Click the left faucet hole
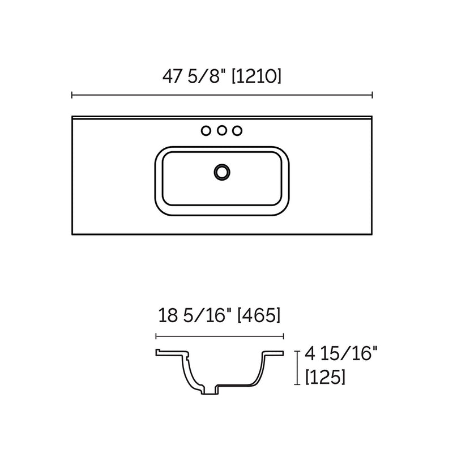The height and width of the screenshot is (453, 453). click(x=206, y=131)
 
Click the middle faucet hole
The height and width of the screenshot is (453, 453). click(x=222, y=131)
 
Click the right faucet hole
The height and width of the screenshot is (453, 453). click(x=238, y=131)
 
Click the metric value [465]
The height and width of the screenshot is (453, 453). click(x=259, y=315)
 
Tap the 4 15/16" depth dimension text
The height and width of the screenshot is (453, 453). click(x=341, y=354)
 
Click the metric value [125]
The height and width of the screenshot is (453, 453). click(x=326, y=376)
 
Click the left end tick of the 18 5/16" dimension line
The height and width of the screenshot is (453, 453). click(x=156, y=336)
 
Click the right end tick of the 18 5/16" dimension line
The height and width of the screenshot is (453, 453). click(x=283, y=336)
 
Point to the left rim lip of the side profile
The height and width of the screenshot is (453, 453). click(x=162, y=353)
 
